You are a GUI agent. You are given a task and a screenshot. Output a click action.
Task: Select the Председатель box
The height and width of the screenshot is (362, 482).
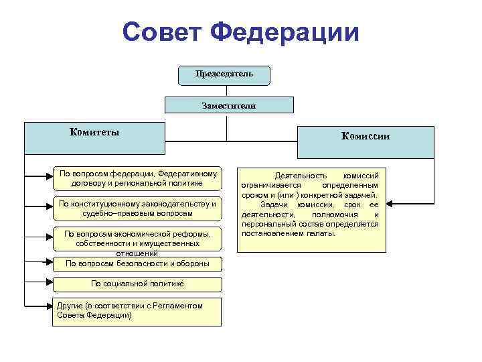coord(224,74)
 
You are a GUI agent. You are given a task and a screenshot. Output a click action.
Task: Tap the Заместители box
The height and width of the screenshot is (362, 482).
coord(229,105)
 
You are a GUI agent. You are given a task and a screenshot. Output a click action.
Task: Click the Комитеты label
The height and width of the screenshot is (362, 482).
coord(94,132)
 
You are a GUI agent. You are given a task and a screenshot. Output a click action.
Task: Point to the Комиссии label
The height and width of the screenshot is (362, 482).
coord(366,136)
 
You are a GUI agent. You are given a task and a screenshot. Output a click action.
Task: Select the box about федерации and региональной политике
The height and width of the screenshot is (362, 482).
coord(137,178)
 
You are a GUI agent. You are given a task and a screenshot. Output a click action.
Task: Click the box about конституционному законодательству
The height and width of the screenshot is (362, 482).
coord(137,208)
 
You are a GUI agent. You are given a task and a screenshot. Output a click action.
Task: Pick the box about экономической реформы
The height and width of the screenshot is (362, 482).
coord(137,241)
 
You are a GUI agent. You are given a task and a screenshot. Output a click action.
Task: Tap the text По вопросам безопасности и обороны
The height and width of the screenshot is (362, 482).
coord(137,263)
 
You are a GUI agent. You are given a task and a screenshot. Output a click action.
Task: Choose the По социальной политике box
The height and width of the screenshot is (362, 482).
coord(137,284)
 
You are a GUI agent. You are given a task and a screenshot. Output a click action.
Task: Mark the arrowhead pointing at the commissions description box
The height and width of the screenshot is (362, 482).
coord(390,202)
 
